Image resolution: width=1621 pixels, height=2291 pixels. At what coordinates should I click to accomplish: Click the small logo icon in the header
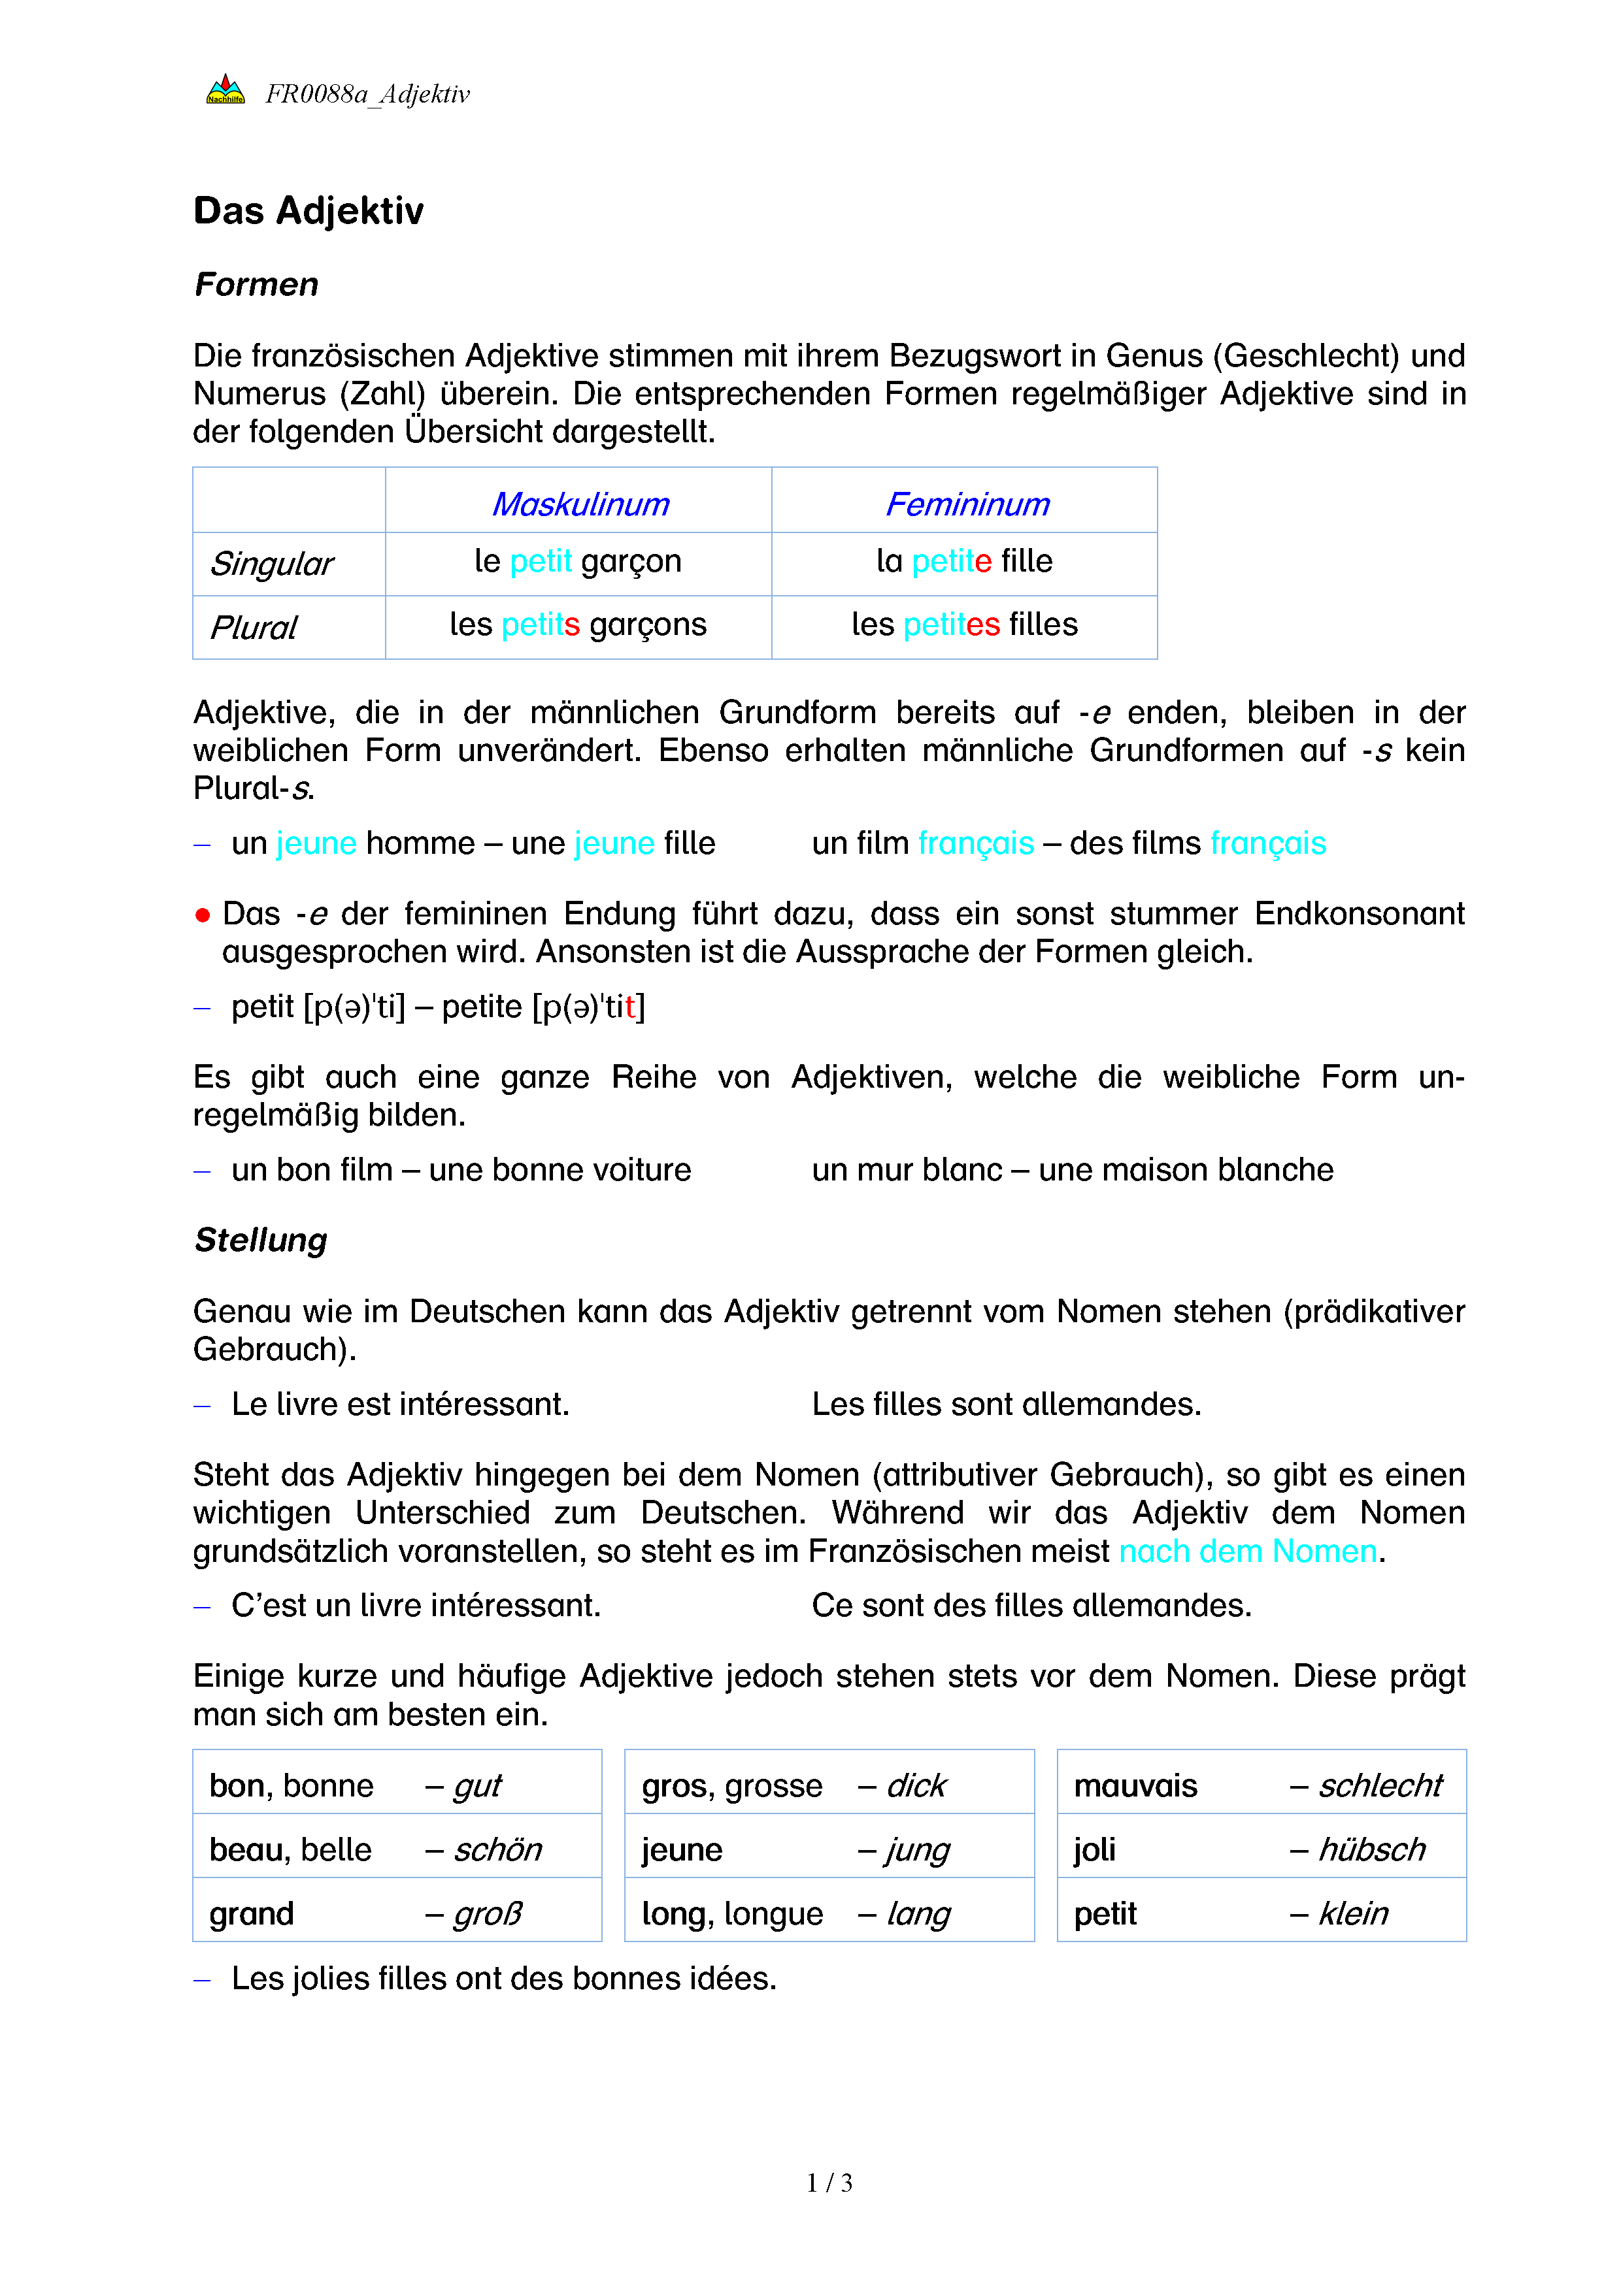225,89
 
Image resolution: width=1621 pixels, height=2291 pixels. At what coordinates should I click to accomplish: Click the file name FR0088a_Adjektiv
367,94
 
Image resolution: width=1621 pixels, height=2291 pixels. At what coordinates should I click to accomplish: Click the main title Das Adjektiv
309,210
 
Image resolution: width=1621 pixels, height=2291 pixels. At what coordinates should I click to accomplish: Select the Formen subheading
256,284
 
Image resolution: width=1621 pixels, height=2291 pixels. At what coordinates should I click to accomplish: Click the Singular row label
271,564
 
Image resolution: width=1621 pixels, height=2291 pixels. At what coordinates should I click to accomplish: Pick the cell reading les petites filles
964,625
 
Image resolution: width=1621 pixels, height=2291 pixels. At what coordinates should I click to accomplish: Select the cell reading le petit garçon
578,561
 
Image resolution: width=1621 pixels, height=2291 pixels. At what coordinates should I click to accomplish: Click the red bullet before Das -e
203,915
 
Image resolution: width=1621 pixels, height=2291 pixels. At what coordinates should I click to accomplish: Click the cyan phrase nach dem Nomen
1248,1551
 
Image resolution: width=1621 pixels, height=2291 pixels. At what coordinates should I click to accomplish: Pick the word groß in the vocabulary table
487,1914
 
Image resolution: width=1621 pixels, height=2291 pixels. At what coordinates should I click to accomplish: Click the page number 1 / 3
828,2183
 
